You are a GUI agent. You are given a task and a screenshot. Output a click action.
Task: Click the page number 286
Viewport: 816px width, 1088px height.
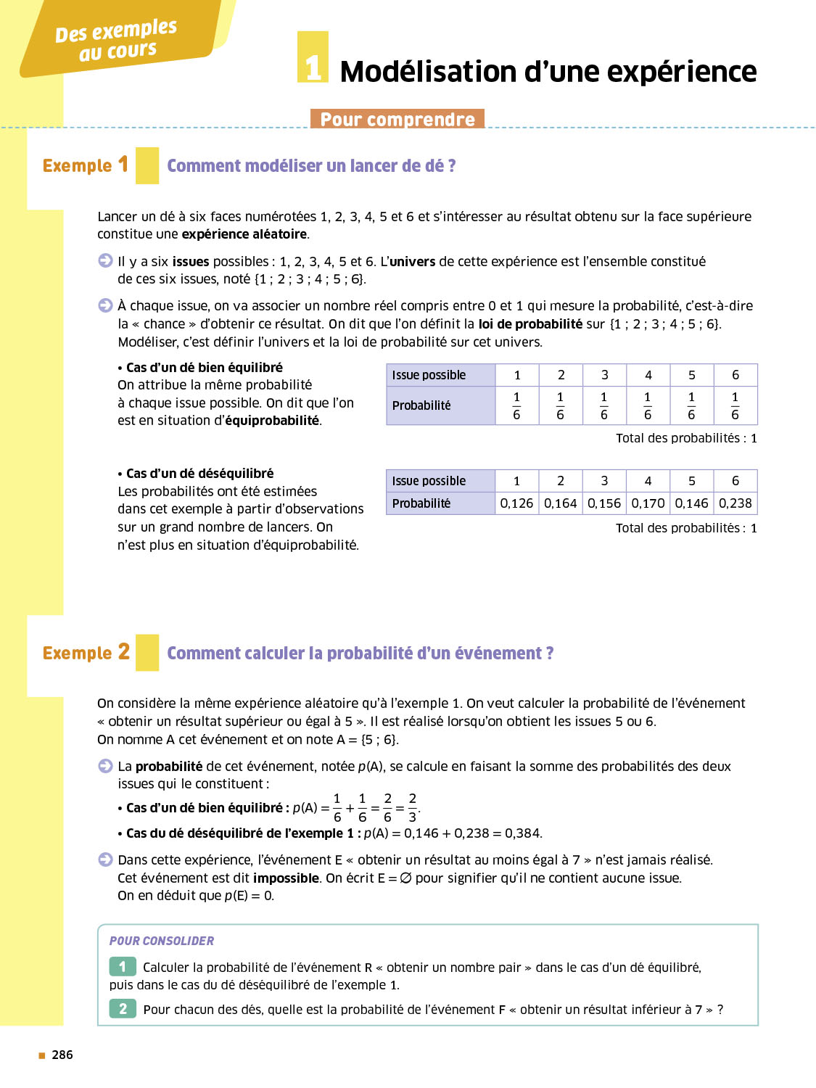tap(62, 1055)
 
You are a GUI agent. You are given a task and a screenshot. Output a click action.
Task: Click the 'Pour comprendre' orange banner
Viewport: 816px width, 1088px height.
tap(397, 119)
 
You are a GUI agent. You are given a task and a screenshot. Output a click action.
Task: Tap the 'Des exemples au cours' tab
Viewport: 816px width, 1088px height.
tap(117, 40)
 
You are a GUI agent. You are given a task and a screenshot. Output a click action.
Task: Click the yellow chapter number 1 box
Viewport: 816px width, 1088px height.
tap(313, 57)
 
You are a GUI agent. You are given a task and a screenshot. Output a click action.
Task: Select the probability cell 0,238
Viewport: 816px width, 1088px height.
tap(735, 503)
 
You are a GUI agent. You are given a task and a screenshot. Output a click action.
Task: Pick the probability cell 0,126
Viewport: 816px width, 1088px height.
tap(516, 503)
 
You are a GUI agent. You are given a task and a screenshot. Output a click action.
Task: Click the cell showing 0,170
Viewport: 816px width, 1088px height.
tap(648, 503)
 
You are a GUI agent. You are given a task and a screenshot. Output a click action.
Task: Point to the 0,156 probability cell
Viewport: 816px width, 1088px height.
tap(604, 503)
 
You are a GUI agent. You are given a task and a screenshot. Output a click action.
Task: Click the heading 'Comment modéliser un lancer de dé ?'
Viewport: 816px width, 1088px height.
tap(311, 166)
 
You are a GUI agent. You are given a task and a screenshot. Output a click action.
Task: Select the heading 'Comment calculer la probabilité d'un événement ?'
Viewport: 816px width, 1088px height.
tap(360, 654)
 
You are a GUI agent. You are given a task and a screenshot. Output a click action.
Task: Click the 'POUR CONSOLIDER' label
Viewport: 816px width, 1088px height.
tap(162, 941)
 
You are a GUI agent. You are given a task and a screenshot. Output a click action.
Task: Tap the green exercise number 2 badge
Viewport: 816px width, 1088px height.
tap(123, 1009)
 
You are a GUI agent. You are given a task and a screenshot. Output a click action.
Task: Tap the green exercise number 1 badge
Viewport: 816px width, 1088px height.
tap(123, 967)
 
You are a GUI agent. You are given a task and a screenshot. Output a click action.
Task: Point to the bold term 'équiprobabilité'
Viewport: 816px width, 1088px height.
tap(272, 421)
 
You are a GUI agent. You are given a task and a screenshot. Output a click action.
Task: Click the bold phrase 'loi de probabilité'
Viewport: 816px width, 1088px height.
tap(530, 324)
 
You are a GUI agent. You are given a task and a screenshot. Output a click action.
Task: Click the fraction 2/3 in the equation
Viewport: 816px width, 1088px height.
tap(412, 807)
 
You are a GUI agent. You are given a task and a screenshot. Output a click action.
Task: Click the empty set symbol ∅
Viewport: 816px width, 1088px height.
tap(405, 878)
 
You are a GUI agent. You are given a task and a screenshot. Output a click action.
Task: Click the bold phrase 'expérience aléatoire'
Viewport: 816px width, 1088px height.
tap(244, 234)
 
